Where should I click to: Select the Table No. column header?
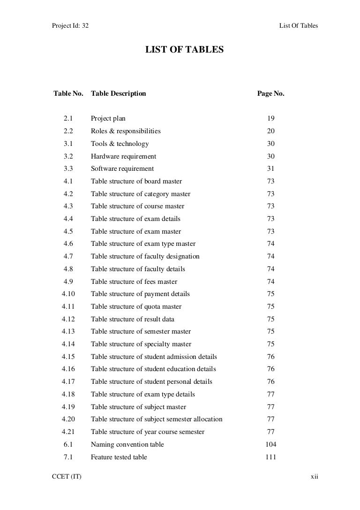tap(68, 93)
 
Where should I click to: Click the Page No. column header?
tap(271, 93)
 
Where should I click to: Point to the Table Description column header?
tap(119, 93)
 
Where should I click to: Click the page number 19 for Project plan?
tap(271, 119)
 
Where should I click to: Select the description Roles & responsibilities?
tap(126, 131)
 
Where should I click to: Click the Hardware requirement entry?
tap(123, 156)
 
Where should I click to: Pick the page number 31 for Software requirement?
tap(271, 169)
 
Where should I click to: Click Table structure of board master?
tap(136, 181)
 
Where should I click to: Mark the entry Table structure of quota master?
tap(136, 306)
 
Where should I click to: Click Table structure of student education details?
tap(153, 369)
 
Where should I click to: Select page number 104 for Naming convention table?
tap(271, 444)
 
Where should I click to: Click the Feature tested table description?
tap(119, 457)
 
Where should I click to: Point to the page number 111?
tap(271, 457)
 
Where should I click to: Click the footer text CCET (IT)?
tap(66, 477)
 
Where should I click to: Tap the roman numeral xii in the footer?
tap(315, 477)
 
